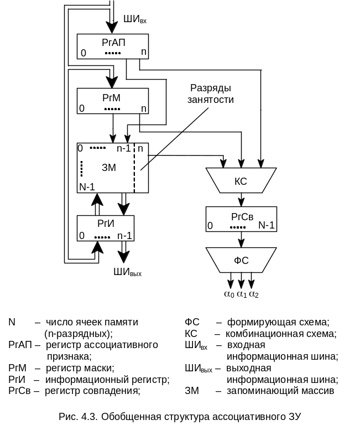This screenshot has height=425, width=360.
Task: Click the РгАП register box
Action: coord(113,46)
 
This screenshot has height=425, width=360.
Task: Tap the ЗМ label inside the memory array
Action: coord(109,168)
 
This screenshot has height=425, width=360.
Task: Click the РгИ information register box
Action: coord(106,228)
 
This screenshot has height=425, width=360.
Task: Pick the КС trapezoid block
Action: coord(241,180)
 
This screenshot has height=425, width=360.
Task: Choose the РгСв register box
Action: coord(241,219)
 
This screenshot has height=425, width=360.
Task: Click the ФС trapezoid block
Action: coord(241,260)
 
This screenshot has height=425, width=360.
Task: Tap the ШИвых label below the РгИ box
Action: coord(128,271)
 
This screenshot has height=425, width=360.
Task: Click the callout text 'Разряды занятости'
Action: coord(210,94)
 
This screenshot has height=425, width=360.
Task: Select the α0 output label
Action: coord(229,294)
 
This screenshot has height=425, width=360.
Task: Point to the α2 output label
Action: coord(253,294)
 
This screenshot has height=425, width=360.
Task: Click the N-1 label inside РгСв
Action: coord(267,225)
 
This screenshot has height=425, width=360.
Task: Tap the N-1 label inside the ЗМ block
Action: coord(87,186)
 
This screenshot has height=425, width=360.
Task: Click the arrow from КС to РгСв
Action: coord(241,200)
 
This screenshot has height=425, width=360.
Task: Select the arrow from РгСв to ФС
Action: coord(241,240)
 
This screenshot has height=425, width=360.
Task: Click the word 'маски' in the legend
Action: coord(101,367)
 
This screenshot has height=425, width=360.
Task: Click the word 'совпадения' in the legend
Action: coord(118,391)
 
